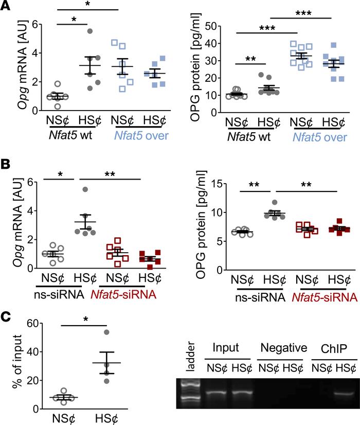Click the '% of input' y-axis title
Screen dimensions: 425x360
coord(9,365)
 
